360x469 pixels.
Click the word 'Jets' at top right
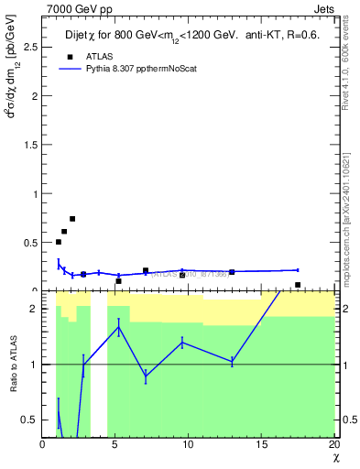point(324,8)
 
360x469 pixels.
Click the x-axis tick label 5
point(115,444)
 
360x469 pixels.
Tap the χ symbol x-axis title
point(335,457)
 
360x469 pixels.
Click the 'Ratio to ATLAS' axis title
point(12,365)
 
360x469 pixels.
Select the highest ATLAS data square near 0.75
point(72,219)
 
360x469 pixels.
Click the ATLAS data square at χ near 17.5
point(298,285)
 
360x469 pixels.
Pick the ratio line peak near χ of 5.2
point(118,327)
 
